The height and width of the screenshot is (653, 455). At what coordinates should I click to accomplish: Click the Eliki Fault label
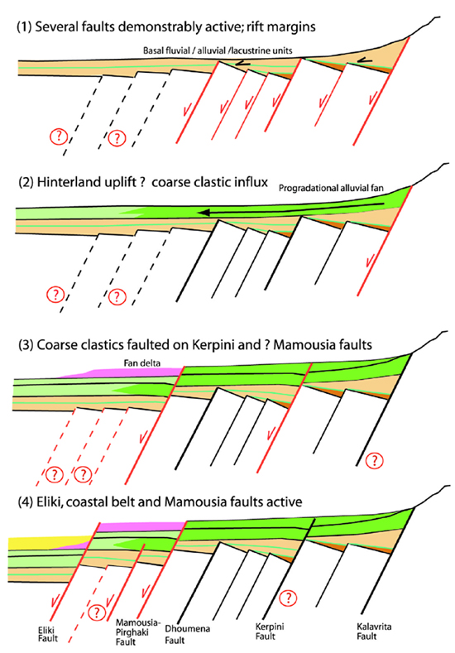tap(47, 634)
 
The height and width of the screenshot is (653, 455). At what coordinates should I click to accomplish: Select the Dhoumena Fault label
tap(187, 634)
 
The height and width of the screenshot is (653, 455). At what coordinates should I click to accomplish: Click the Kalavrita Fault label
tap(374, 631)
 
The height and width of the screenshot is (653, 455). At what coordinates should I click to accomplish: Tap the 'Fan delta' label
tap(142, 363)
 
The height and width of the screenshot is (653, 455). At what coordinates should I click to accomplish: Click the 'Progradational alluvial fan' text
tap(331, 188)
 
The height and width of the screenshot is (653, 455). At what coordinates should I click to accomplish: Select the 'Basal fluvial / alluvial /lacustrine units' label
tap(218, 50)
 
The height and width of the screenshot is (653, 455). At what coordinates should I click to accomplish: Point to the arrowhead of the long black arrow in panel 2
tap(203, 213)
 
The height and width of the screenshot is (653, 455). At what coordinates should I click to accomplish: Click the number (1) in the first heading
tap(24, 27)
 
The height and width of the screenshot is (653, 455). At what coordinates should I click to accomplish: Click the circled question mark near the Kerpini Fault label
tap(288, 598)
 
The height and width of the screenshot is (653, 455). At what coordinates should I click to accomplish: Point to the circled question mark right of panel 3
tap(375, 461)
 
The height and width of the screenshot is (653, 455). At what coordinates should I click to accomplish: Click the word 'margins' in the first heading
tap(293, 27)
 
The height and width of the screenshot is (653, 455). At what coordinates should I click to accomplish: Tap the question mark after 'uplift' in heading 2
tap(141, 182)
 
